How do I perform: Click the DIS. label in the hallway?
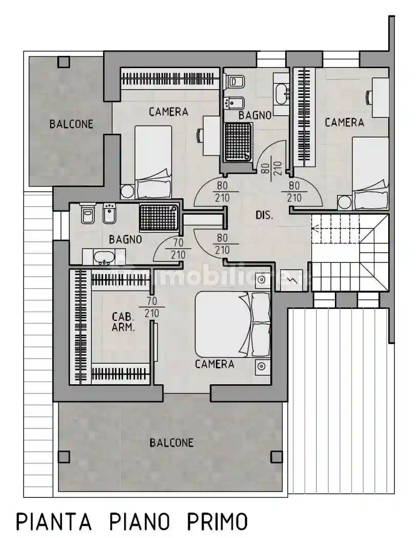(x=264, y=215)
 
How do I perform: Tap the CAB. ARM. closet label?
(x=123, y=322)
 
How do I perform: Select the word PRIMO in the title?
(x=216, y=521)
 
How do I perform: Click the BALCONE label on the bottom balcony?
(x=171, y=443)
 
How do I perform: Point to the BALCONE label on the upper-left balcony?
(x=71, y=124)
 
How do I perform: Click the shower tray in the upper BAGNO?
(x=238, y=141)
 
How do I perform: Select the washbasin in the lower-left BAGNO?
(x=104, y=258)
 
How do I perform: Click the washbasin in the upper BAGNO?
(x=282, y=93)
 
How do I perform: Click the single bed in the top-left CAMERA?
(x=153, y=161)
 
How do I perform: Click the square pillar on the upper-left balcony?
(x=64, y=62)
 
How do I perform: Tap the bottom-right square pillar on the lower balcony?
(x=276, y=457)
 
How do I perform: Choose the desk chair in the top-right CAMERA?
(x=369, y=97)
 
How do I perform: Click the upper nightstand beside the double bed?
(x=262, y=280)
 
